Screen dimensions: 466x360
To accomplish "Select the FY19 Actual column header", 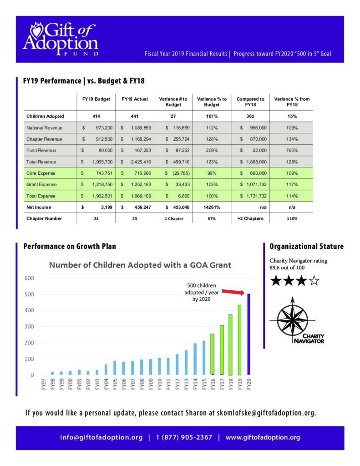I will click(135, 99).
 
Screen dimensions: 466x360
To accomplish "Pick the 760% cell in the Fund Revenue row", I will click(292, 150).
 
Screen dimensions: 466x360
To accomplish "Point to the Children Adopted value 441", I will click(135, 116).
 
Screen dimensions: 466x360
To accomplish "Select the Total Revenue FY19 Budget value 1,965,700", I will click(99, 162).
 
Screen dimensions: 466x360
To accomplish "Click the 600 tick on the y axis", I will click(29, 278).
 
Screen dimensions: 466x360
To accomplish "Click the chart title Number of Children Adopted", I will click(140, 264).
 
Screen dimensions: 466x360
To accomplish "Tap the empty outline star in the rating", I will click(314, 281).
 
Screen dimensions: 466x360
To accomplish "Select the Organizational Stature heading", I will click(306, 247).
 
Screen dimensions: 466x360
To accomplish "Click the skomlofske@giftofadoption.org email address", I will click(267, 413).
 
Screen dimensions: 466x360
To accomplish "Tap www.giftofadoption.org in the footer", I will click(263, 437).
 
